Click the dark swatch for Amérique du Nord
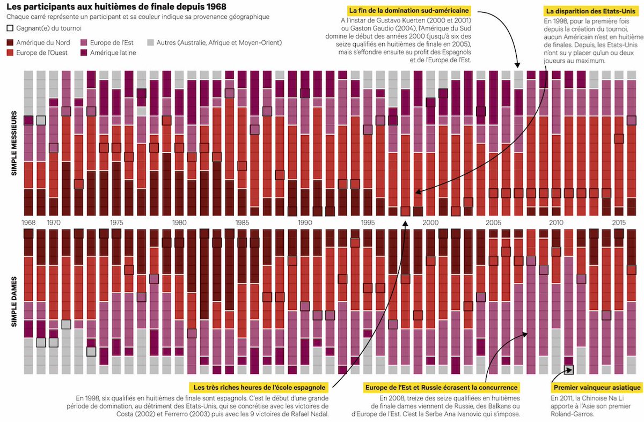pos(11,42)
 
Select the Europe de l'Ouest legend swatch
pos(11,53)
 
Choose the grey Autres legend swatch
pos(151,42)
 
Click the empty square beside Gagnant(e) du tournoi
pos(11,28)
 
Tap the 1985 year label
pos(242,222)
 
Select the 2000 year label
pos(430,222)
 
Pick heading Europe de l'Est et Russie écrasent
pos(441,387)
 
